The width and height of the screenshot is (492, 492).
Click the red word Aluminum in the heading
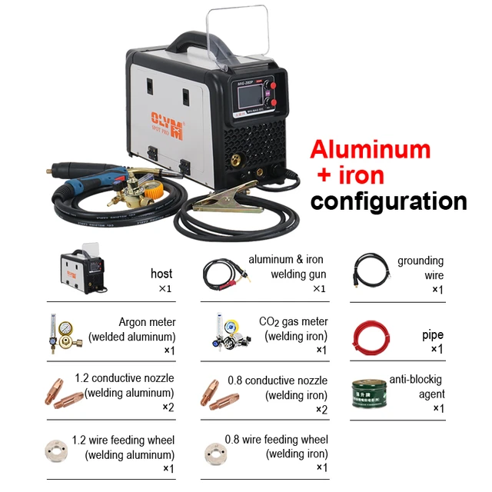point(370,148)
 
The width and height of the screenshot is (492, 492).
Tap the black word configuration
point(388,201)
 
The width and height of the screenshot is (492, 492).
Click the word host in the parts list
point(161,274)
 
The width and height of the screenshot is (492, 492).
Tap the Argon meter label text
point(147,322)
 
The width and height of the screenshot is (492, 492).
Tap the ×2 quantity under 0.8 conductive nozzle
point(321,409)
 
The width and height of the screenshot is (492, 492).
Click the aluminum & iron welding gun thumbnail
point(226,274)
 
